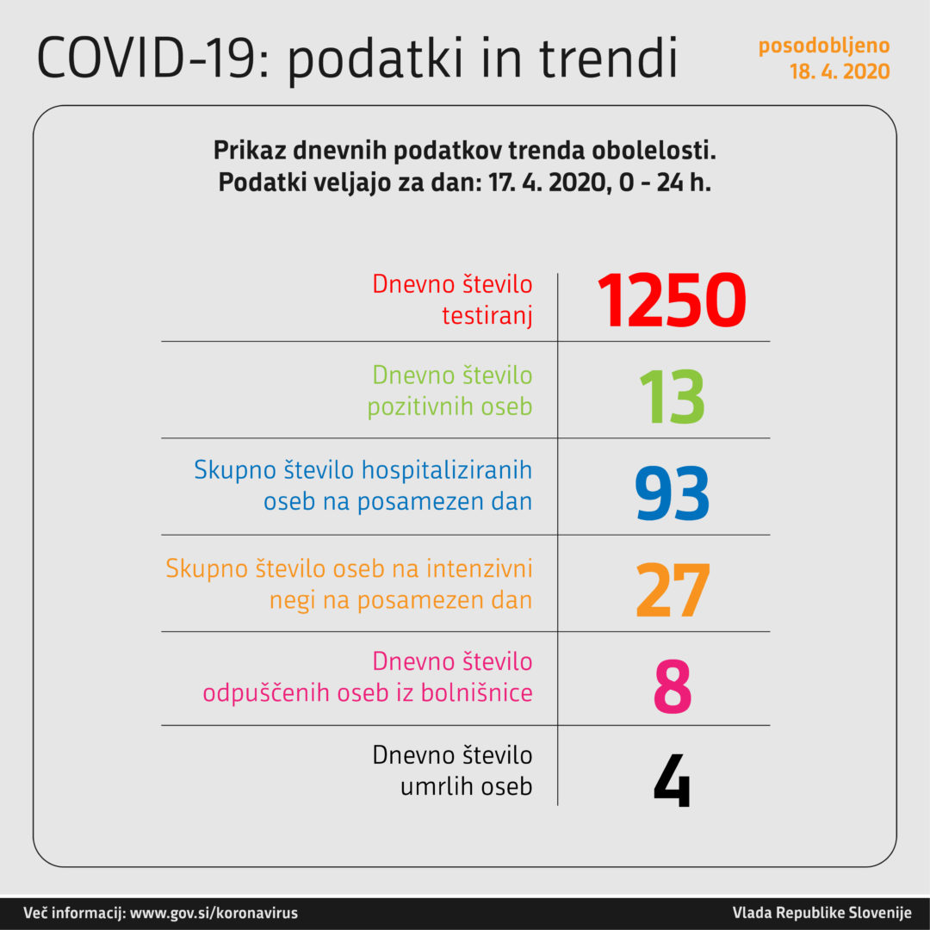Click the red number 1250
[x=672, y=301]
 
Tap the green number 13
[x=672, y=397]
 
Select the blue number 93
[x=672, y=494]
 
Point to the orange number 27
[x=672, y=591]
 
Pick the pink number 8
[x=673, y=687]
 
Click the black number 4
[x=673, y=782]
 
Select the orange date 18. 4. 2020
[x=840, y=72]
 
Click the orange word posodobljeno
[x=824, y=46]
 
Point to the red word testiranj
[x=487, y=316]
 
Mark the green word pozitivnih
[x=418, y=406]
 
